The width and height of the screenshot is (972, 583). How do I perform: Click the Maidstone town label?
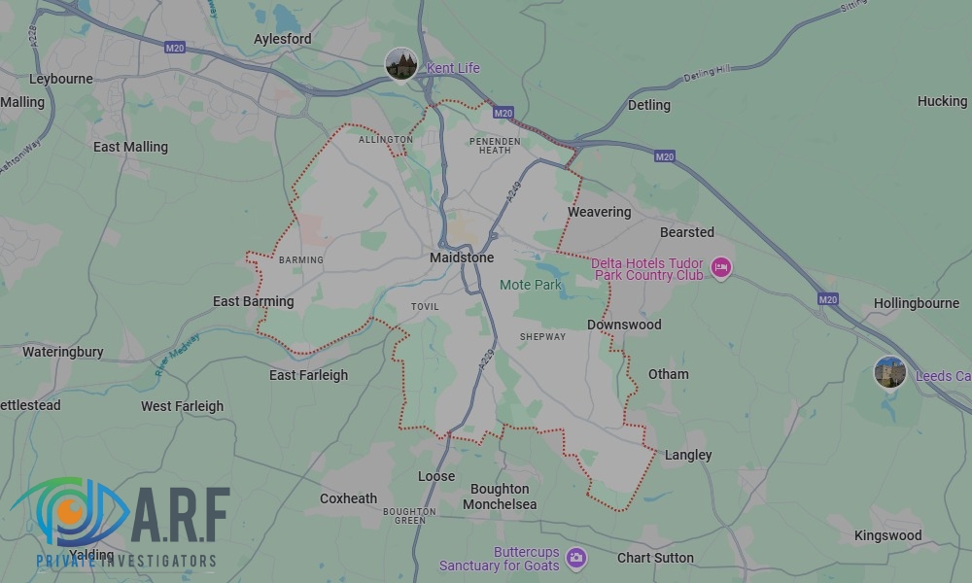(462, 257)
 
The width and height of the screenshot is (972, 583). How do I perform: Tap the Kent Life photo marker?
(401, 65)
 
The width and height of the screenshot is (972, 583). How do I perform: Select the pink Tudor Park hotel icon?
(720, 267)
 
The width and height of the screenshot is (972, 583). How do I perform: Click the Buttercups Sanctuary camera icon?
(576, 557)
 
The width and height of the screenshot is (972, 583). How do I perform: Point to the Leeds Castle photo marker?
(889, 372)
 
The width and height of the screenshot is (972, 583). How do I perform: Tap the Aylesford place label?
(282, 39)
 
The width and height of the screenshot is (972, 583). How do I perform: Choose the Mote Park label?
(531, 285)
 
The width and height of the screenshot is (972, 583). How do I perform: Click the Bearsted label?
(686, 232)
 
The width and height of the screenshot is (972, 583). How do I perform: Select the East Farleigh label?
(308, 375)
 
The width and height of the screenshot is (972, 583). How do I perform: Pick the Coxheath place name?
(348, 498)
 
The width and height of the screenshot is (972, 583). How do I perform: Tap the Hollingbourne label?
(916, 303)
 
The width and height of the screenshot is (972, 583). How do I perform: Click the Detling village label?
(648, 105)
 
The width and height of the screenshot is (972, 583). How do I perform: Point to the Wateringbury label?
(62, 352)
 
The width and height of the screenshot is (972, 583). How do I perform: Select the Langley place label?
(688, 455)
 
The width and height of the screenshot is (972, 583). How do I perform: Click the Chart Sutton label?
(655, 558)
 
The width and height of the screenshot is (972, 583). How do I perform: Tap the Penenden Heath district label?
(495, 145)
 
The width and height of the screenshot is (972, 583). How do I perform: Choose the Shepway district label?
(542, 337)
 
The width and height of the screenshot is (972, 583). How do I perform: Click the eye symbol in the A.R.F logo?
(68, 510)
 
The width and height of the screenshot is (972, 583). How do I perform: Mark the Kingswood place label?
(887, 535)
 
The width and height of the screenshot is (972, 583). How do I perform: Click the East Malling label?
(130, 147)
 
